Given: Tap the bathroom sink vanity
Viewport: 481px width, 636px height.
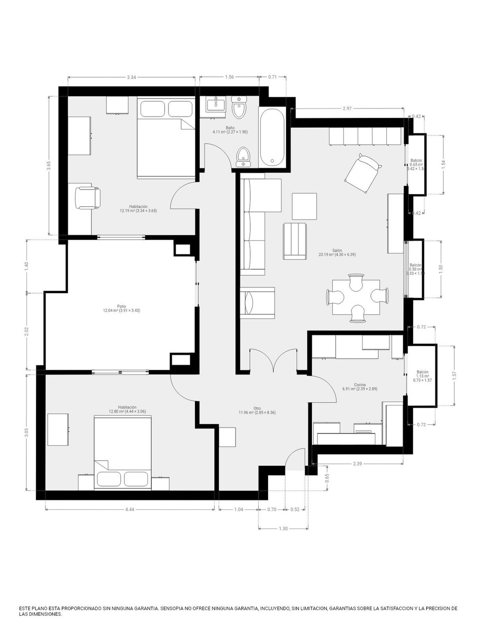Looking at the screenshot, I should coord(216,106).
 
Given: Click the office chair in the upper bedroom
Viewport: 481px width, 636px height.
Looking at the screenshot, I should coord(87,198).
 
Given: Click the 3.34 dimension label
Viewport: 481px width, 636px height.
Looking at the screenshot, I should coord(131,77).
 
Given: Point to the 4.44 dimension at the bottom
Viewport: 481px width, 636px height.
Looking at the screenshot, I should coord(129,510).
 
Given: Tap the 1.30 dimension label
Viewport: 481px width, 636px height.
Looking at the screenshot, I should coord(283,529).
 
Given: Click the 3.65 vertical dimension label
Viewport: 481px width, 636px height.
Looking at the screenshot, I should coord(49,165).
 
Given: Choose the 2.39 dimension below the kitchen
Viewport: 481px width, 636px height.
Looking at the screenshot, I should coord(357,464).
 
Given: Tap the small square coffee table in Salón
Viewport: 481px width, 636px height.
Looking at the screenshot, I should coord(305,206).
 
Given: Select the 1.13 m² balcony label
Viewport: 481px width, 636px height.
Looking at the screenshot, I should coord(422,376).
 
